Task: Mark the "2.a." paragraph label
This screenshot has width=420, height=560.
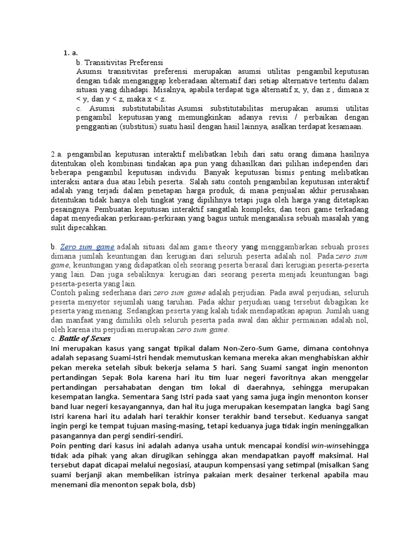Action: [57, 154]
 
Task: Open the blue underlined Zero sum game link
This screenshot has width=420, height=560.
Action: [88, 247]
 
